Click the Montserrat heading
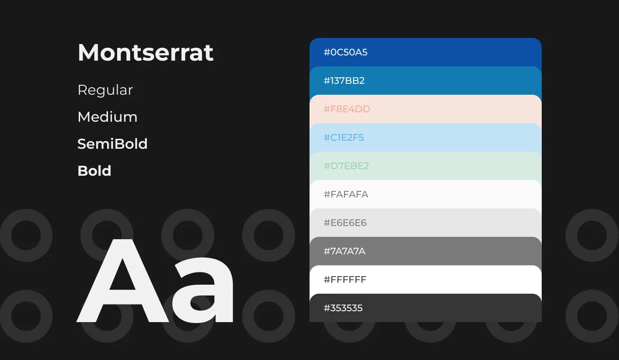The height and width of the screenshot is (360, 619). pyautogui.click(x=146, y=53)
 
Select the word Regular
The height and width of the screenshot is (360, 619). pyautogui.click(x=105, y=90)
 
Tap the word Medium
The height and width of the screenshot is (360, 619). pyautogui.click(x=108, y=117)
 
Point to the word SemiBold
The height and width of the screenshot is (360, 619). pyautogui.click(x=112, y=144)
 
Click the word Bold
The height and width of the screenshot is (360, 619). pyautogui.click(x=94, y=171)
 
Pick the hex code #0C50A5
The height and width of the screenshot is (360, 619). pyautogui.click(x=346, y=52)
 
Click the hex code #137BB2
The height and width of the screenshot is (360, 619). pyautogui.click(x=344, y=81)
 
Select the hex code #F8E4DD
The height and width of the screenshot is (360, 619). pyautogui.click(x=347, y=109)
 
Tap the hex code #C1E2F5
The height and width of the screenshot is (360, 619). pyautogui.click(x=344, y=137)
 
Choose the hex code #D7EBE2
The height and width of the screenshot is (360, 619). pyautogui.click(x=346, y=166)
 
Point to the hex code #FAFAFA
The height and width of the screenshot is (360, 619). pyautogui.click(x=346, y=194)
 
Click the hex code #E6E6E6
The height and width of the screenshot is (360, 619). pyautogui.click(x=345, y=223)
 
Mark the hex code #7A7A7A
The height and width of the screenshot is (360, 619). pyautogui.click(x=344, y=251)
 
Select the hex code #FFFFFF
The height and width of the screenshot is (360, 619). pyautogui.click(x=345, y=279)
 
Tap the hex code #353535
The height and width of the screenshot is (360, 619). pyautogui.click(x=343, y=308)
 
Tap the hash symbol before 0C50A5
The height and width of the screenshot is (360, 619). pyautogui.click(x=327, y=52)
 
